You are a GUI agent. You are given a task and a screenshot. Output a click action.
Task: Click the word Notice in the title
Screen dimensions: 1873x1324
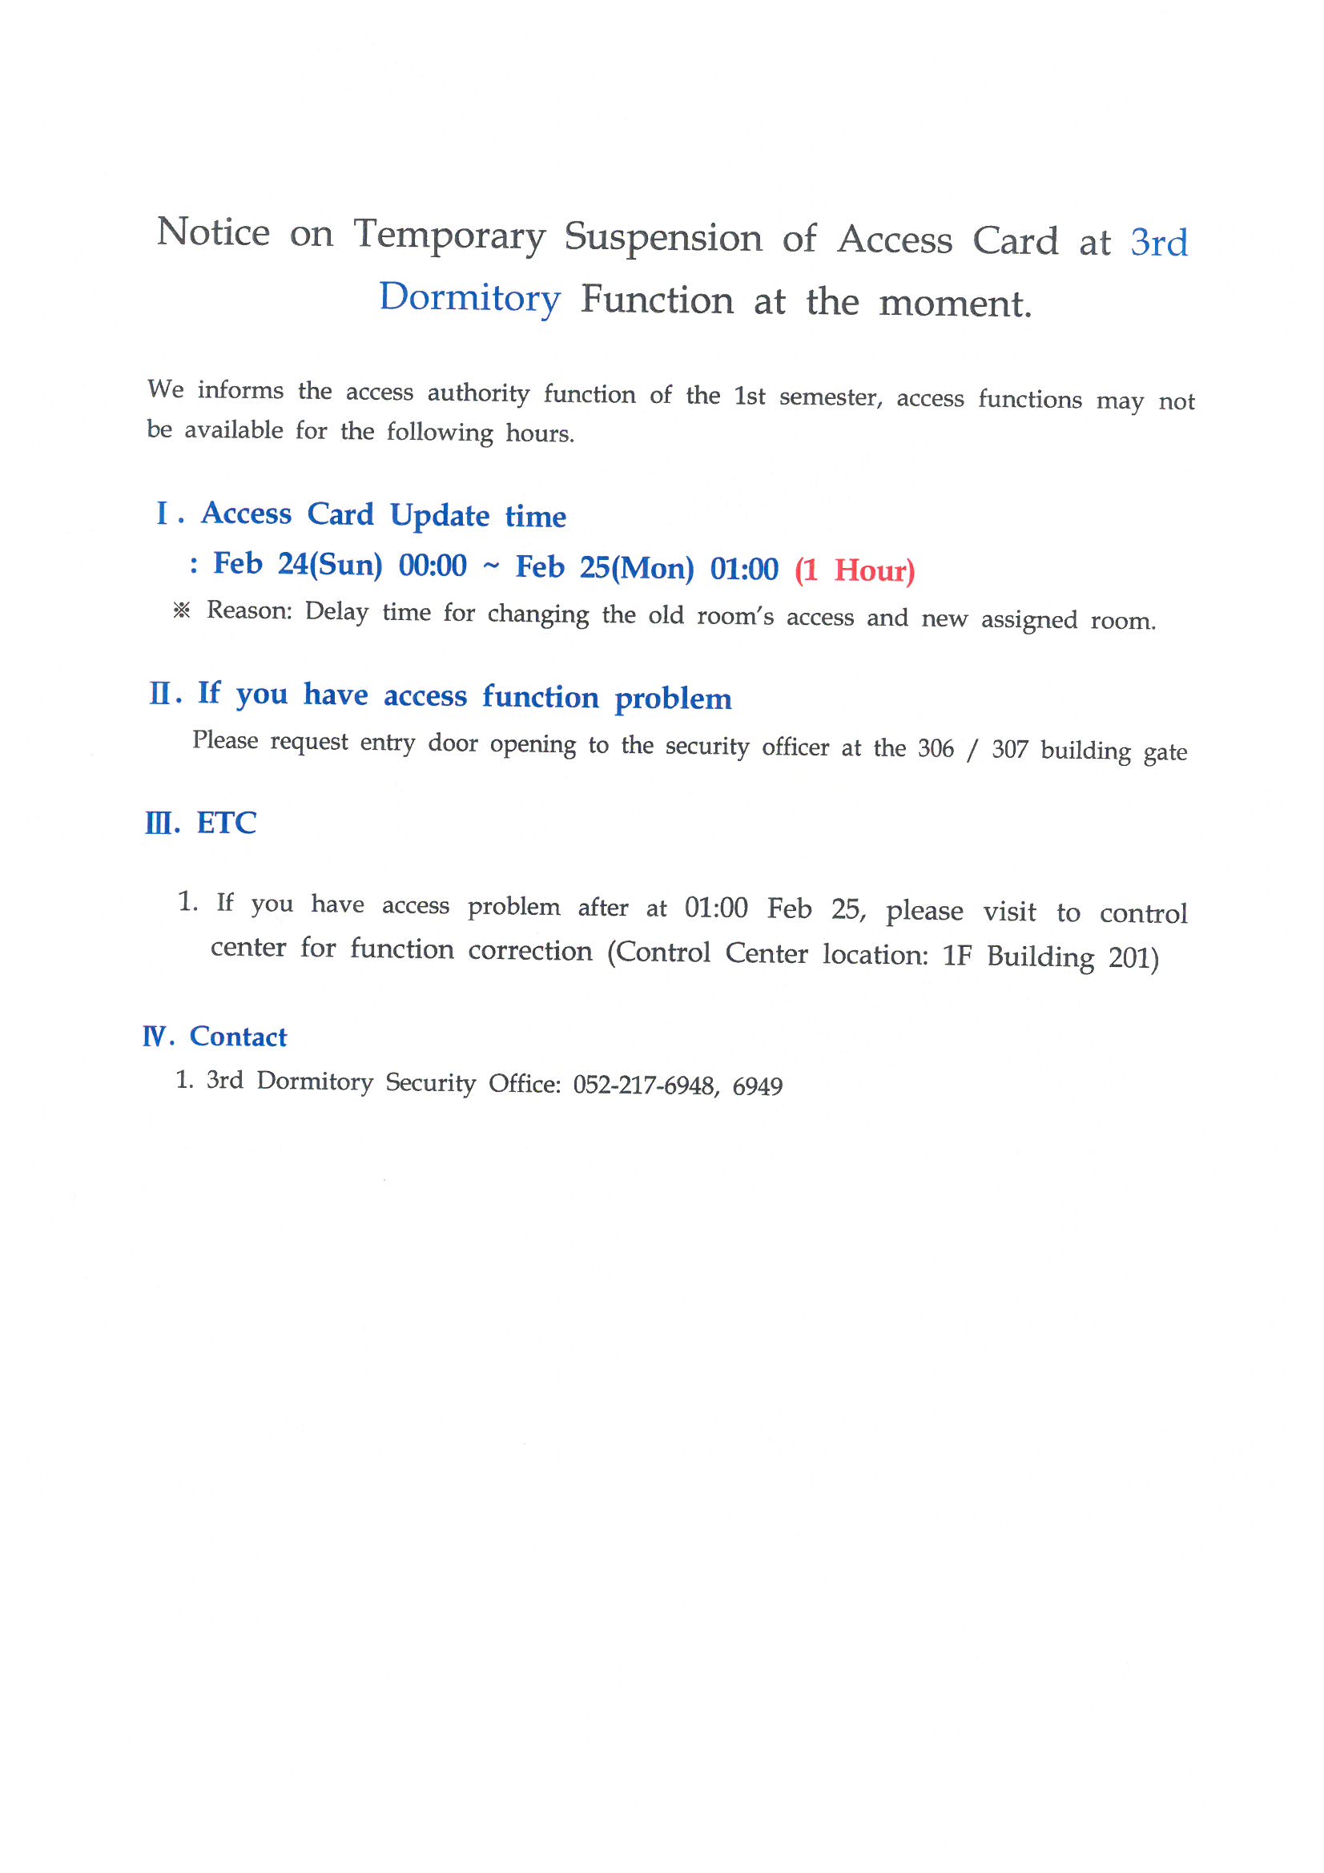(213, 232)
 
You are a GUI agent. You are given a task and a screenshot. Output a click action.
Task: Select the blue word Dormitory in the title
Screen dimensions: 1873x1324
(470, 299)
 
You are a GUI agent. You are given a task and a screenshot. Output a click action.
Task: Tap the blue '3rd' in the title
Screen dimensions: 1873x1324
(1158, 243)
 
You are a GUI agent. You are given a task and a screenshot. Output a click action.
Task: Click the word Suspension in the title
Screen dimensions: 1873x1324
(663, 237)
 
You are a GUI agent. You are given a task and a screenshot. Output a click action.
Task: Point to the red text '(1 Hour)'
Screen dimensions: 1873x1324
(854, 570)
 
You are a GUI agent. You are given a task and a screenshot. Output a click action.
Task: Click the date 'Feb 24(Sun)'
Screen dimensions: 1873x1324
(297, 564)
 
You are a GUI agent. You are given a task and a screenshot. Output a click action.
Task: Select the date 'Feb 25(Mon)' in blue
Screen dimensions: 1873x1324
(605, 567)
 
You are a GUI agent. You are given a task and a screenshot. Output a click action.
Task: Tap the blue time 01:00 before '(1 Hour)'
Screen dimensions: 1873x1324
(744, 569)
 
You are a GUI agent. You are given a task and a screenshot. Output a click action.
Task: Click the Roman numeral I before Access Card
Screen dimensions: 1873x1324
(162, 514)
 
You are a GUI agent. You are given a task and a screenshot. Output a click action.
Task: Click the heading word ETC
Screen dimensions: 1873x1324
(226, 823)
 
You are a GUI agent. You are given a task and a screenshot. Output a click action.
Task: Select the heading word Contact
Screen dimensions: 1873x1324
(238, 1037)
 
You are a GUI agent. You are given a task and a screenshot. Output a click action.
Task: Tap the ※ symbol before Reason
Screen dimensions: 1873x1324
(182, 610)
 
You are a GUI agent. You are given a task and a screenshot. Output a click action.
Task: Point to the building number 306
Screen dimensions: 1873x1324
(936, 748)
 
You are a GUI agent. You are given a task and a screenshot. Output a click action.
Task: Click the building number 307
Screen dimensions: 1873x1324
(1010, 750)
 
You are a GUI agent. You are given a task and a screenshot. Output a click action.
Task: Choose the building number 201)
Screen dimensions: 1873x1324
(1133, 957)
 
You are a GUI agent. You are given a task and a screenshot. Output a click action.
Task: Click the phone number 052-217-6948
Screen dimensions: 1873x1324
(645, 1085)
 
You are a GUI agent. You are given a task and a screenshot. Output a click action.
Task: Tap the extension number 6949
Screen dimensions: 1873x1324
(757, 1086)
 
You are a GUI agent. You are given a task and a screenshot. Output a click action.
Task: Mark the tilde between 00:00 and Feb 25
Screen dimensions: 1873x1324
(491, 566)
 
